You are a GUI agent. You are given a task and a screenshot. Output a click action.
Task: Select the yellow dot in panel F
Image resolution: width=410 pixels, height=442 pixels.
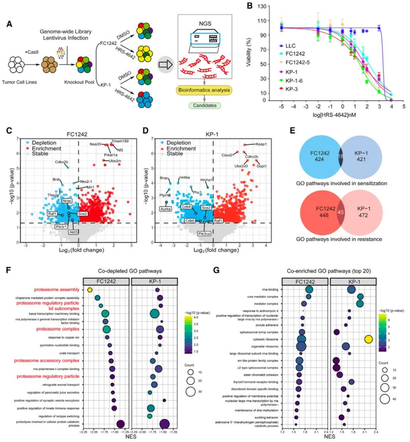point(90,289)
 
